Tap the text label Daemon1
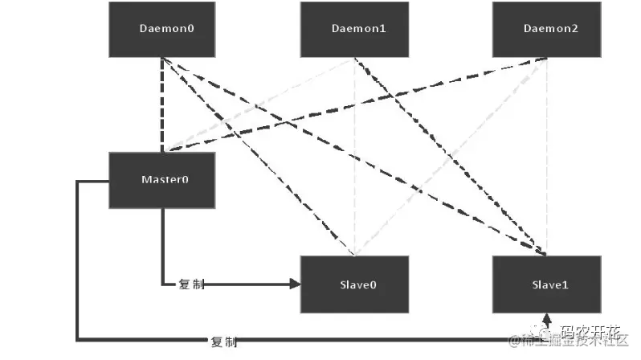pos(359,28)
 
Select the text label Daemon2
pos(550,28)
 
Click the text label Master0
pos(164,178)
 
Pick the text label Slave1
pos(550,284)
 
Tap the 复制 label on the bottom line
pos(224,342)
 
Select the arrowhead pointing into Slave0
pos(295,284)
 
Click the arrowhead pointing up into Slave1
pos(546,319)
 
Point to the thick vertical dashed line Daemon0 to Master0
pos(162,104)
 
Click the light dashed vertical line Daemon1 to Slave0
pos(354,161)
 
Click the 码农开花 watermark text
pos(590,330)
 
